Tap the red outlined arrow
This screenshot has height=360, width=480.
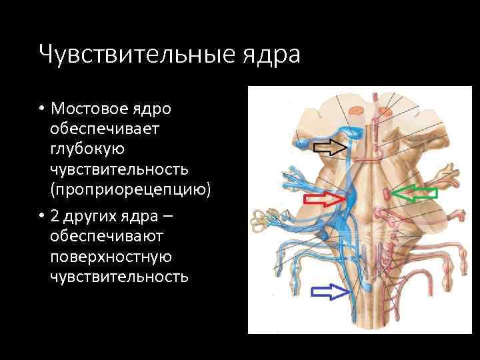coord(324,199)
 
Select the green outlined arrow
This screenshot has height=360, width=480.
coord(414,194)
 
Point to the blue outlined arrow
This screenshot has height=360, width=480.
coord(331,291)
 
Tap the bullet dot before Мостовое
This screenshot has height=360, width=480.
coord(41,109)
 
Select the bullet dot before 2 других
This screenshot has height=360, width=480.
coord(41,217)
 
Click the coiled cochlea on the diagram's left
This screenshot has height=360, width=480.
coord(258,220)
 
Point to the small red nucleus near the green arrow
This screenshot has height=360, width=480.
coord(388,194)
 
